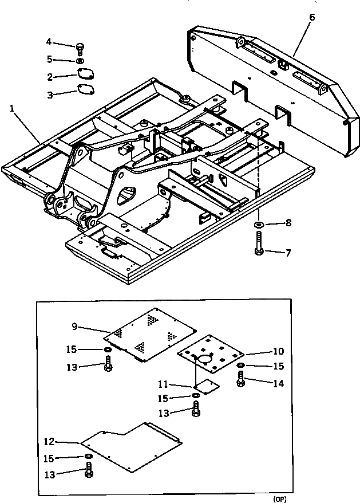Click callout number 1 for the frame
(x=12, y=107)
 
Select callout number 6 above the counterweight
(x=311, y=17)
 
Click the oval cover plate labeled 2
(x=85, y=75)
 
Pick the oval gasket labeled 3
(x=85, y=90)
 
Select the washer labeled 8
(x=259, y=223)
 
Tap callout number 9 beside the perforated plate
(x=74, y=327)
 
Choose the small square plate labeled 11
(x=204, y=386)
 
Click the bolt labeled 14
(x=241, y=379)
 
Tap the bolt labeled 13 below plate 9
(x=108, y=364)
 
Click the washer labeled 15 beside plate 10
(x=241, y=365)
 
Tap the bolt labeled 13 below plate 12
(x=89, y=471)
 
